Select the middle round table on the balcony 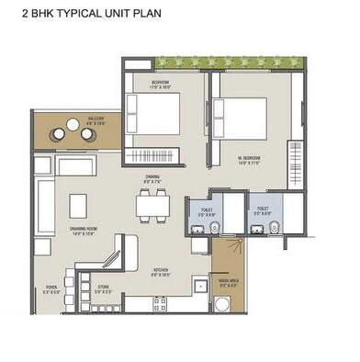(73, 134)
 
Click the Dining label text (153, 179)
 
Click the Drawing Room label (84, 232)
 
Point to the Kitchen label (161, 270)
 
